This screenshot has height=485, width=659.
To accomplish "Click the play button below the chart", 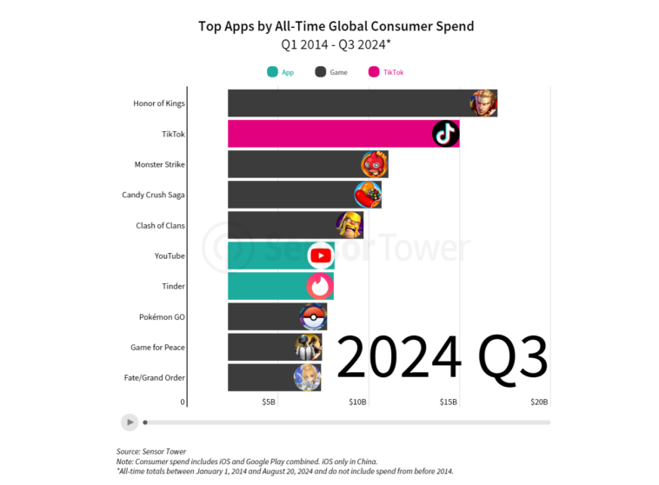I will coord(130,422).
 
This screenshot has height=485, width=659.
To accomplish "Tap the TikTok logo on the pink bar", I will coord(445,134).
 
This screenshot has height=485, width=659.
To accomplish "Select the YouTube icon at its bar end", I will coord(321,256).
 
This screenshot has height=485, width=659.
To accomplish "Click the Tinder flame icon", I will coord(319,286).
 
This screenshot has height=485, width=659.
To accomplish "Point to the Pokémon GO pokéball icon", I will coord(313,316).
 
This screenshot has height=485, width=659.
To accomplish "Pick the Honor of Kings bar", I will coord(348,103).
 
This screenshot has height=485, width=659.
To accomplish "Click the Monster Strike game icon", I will coord(374,164).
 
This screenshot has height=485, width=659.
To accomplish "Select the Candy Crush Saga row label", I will coord(153,195).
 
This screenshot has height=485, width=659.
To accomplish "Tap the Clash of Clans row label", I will coord(160,225).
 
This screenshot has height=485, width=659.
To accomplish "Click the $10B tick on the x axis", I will coord(357,402).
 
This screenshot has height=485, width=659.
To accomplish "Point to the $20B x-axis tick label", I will coord(539,402).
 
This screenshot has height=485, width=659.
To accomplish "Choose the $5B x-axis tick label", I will coord(269,402).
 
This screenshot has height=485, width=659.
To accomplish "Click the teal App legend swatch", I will coord(272,72).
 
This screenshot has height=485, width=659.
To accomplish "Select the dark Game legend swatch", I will coord(320,72).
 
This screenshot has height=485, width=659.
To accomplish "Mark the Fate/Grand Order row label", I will coord(155,377).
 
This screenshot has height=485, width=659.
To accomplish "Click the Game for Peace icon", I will coord(308,347).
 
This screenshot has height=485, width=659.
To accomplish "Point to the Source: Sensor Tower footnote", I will coord(153,451).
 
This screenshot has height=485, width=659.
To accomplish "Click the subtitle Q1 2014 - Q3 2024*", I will coord(336,44).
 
